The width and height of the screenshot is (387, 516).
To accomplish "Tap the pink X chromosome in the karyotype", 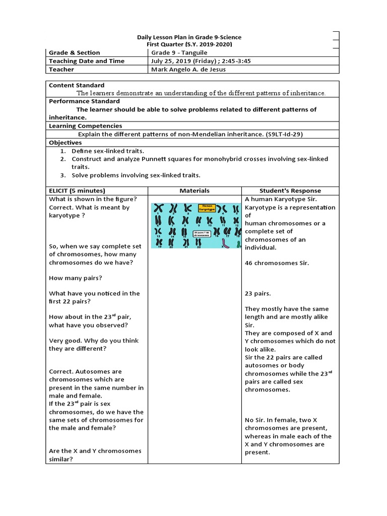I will pos(226,244).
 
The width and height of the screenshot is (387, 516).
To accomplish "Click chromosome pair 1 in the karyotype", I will pos(160,209).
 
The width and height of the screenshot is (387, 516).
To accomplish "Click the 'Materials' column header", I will pos(195,190).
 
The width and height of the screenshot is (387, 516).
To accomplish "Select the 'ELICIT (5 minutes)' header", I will pos(77,190).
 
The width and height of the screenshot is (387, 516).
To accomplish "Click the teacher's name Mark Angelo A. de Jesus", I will pos(188,70).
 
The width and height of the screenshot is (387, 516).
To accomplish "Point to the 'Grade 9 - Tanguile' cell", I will pos(179,52).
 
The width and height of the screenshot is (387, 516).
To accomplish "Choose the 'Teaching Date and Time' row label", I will pos(87,61).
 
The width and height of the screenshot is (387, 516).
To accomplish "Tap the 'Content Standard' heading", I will pos(77,85).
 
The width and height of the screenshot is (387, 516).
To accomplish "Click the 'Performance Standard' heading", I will pos(84,101).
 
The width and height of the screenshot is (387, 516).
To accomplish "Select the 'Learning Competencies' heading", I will pos(85,125).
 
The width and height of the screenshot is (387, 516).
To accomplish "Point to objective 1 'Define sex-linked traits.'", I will pos(108,151).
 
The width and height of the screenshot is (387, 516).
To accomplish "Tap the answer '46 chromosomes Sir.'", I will pos(277,263).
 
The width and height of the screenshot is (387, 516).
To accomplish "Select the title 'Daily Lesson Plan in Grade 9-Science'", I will pos(189,37).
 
